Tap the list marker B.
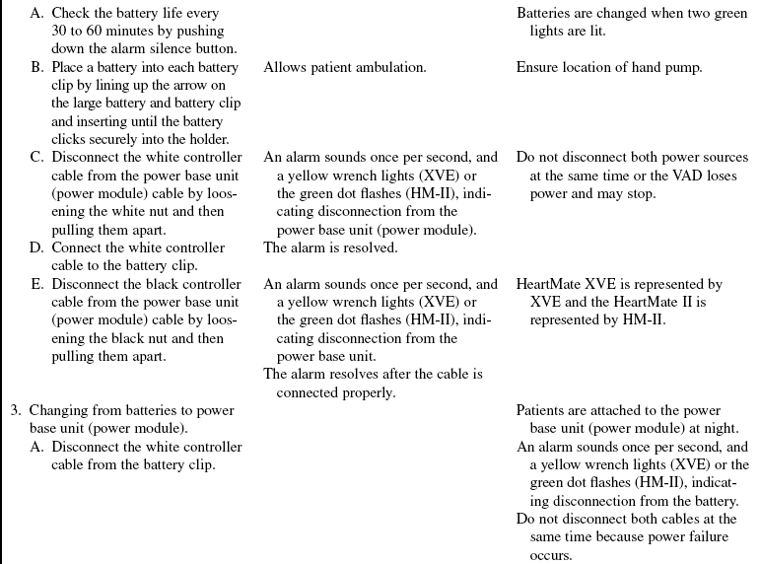pyautogui.click(x=36, y=68)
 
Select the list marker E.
pyautogui.click(x=36, y=284)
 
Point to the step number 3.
pyautogui.click(x=16, y=410)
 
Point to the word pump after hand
pyautogui.click(x=681, y=68)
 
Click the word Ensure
pyautogui.click(x=538, y=68)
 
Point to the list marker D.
pyautogui.click(x=36, y=247)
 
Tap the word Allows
pyautogui.click(x=285, y=68)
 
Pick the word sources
pyautogui.click(x=724, y=158)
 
